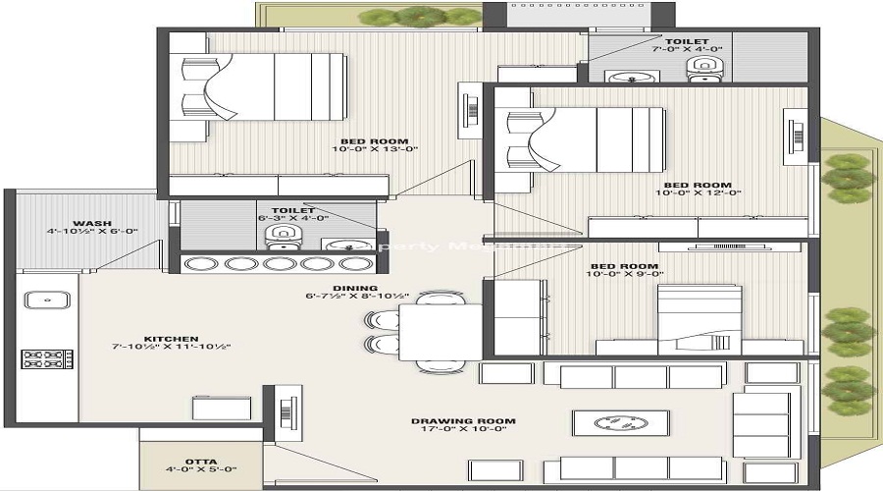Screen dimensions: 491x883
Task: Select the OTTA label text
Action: [200, 461]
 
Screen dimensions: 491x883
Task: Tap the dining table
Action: [440, 332]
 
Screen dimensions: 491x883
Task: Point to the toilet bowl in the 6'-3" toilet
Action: [282, 235]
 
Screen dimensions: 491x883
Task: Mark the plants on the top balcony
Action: [419, 16]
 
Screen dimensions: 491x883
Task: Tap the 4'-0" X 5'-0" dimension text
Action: [200, 469]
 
